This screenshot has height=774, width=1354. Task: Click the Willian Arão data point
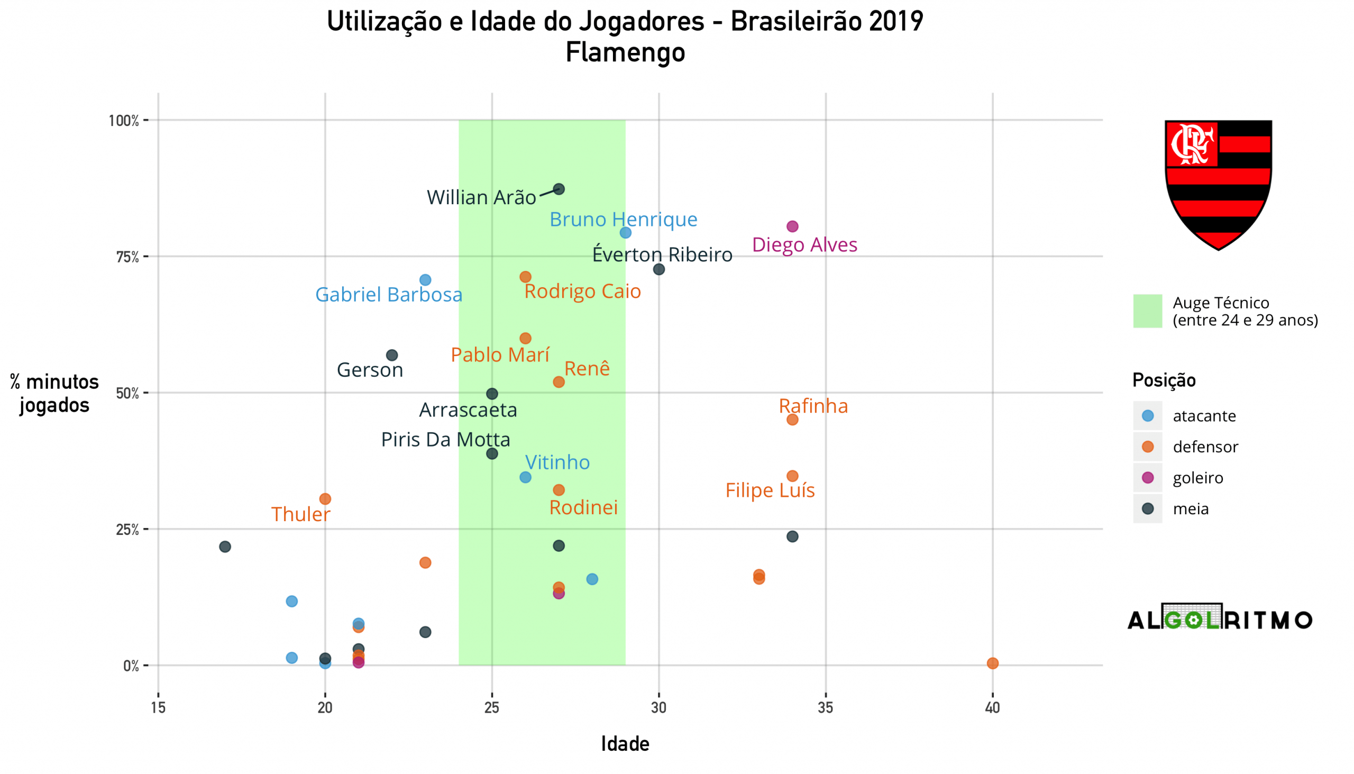coord(559,189)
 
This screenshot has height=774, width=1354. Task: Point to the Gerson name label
coord(370,370)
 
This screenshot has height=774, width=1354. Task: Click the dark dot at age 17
coord(225,547)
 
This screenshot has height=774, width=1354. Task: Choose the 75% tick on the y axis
coord(127,257)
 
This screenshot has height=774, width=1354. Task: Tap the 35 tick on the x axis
coord(826,708)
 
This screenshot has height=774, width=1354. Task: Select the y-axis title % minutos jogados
coord(54,394)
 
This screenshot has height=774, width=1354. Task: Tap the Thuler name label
coord(301,515)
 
